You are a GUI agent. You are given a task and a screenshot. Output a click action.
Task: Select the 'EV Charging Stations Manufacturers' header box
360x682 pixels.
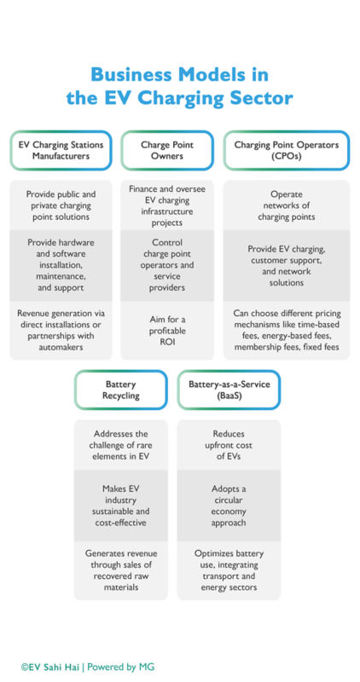(61, 151)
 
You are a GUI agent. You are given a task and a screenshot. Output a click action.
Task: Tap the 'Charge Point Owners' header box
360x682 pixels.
(167, 151)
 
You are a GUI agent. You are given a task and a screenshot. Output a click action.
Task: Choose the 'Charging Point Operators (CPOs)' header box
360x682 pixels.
(286, 151)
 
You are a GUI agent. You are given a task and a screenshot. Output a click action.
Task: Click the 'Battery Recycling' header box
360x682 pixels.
(121, 390)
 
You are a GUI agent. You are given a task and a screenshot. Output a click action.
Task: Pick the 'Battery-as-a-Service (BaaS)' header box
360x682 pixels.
(228, 390)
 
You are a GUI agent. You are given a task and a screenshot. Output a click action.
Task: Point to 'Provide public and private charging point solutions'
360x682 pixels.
(61, 205)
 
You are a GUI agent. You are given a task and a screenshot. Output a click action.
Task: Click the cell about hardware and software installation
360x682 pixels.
(61, 264)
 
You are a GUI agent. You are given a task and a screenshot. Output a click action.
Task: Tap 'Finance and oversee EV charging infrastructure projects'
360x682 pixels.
(167, 205)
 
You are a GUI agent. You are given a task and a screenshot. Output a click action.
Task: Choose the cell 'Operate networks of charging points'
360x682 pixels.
(286, 205)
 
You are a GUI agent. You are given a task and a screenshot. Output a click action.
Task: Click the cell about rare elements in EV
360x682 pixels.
(121, 445)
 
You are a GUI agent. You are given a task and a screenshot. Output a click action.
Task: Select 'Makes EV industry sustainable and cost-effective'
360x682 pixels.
(121, 505)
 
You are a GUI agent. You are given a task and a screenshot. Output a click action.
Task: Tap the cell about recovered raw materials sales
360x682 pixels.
(121, 569)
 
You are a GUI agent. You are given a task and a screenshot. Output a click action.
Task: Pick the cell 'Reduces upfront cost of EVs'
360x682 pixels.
(228, 445)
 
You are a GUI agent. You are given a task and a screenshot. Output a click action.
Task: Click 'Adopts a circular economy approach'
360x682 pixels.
(228, 505)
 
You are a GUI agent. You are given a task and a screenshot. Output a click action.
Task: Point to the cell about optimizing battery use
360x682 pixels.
(228, 569)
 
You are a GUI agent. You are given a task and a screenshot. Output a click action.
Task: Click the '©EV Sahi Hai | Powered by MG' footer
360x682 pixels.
(88, 666)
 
